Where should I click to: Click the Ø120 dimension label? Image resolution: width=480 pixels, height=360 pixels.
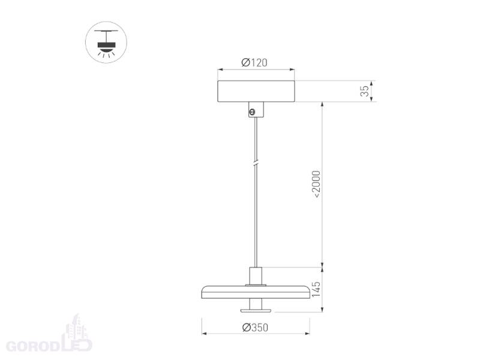tap(254, 62)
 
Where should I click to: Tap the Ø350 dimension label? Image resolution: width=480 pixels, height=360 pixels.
tap(255, 328)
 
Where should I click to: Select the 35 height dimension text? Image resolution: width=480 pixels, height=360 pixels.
tap(365, 91)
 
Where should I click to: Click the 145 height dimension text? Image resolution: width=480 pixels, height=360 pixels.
tap(316, 289)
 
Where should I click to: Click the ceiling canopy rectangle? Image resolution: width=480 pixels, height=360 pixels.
tap(256, 91)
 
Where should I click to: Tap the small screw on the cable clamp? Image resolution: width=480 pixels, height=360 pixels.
tap(252, 113)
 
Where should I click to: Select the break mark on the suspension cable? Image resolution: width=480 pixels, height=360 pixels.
tap(256, 163)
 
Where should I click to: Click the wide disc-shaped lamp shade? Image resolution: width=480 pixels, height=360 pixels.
tap(256, 292)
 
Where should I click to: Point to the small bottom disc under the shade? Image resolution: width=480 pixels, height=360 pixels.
tap(256, 311)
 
